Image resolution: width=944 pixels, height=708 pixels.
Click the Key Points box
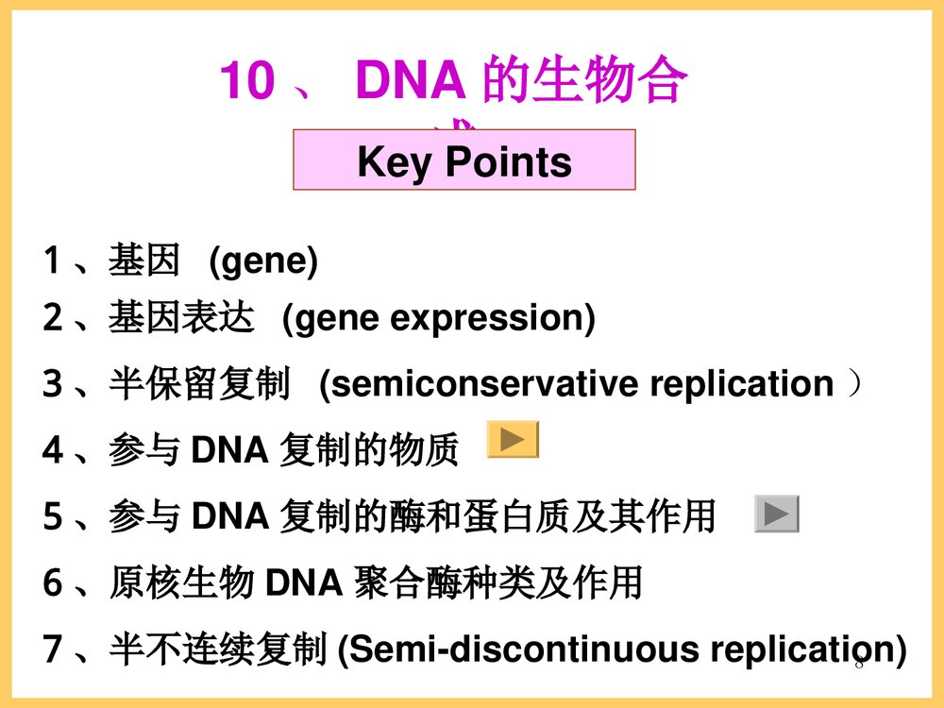click(464, 160)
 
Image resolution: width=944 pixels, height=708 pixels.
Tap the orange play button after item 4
click(513, 439)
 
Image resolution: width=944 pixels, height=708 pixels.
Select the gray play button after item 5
click(777, 514)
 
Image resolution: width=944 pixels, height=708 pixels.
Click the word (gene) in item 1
click(263, 261)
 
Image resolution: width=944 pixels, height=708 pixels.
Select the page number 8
click(859, 664)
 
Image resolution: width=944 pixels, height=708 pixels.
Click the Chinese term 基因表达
click(181, 318)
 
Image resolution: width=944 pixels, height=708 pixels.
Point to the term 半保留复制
click(199, 384)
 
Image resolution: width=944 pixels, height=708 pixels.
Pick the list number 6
click(53, 584)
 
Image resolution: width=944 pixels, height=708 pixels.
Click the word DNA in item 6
click(303, 584)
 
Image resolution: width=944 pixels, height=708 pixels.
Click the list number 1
click(52, 261)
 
